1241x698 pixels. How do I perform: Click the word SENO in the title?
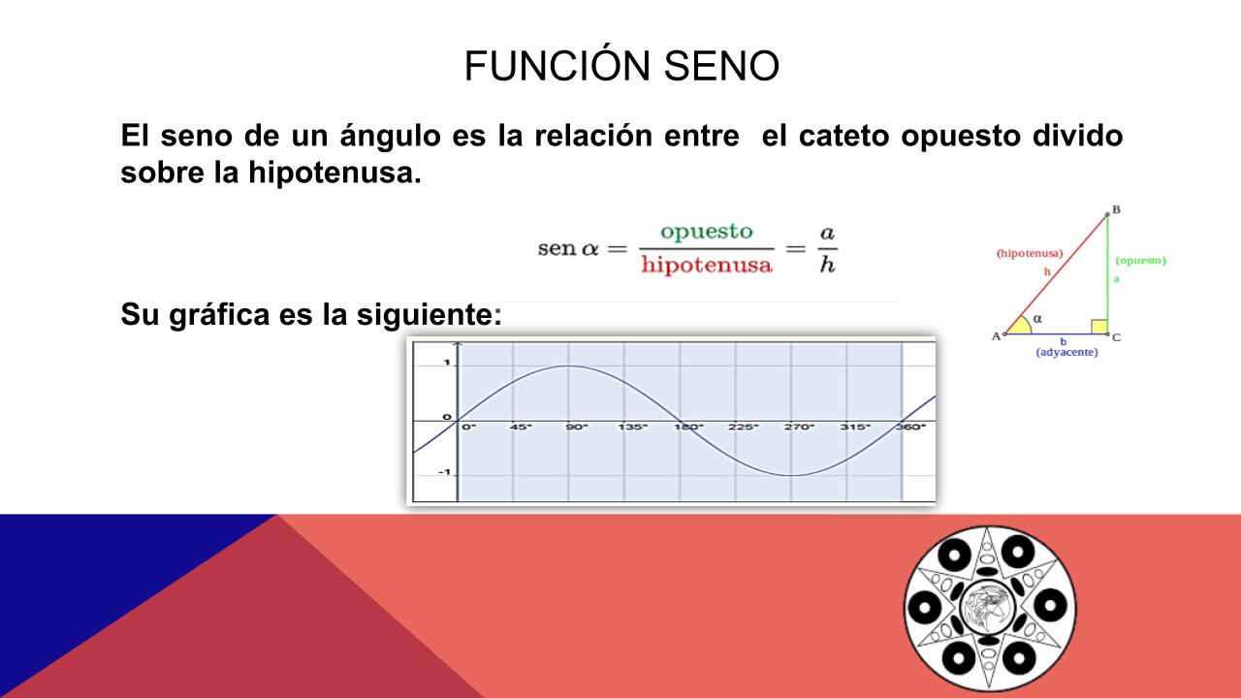(721, 66)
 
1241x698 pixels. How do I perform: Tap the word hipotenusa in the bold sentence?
(334, 173)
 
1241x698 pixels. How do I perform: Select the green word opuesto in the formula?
(707, 232)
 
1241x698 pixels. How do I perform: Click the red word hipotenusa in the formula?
(707, 265)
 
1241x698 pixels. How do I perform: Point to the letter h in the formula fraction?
(827, 265)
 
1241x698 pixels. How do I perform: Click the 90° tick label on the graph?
(577, 428)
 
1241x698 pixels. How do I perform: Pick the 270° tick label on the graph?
(799, 428)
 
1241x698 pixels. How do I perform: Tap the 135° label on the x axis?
(632, 428)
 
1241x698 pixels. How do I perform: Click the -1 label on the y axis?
(444, 473)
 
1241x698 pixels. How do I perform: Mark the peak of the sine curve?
(569, 365)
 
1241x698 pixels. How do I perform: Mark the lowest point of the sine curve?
(791, 475)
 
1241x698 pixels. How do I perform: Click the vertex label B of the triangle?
(1116, 209)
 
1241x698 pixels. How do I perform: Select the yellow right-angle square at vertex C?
(1099, 327)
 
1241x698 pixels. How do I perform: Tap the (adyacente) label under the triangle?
(1066, 352)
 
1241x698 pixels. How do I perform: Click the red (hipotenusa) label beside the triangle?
(1030, 254)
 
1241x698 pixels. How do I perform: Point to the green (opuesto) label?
(1141, 261)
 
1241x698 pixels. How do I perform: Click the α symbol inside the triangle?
(1037, 319)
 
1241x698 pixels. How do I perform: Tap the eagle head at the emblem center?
(990, 608)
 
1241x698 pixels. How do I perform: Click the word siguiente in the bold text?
(429, 315)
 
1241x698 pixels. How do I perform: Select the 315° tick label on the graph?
(855, 428)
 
